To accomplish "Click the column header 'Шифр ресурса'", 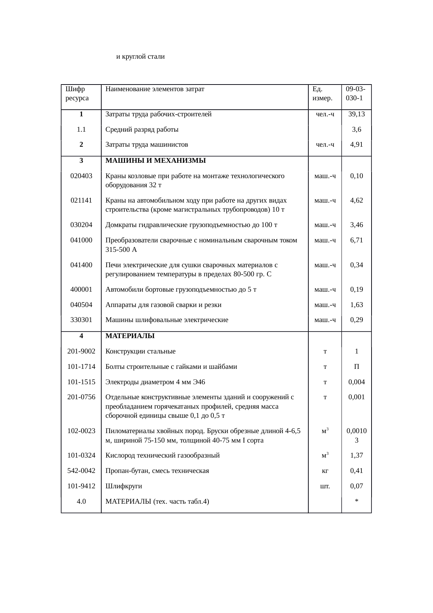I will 77,93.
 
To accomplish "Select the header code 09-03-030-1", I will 355,93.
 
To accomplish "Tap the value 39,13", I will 357,114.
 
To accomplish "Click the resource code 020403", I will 81,176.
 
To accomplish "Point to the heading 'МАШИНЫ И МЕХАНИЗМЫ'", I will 155,161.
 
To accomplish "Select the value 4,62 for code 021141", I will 357,200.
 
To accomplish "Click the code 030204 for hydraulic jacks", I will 81,225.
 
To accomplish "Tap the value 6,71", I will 357,240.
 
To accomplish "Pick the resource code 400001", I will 81,290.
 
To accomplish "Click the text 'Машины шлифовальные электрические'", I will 167,320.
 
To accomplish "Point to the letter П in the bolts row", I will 357,367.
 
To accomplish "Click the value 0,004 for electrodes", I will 357,382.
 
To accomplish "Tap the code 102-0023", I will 81,431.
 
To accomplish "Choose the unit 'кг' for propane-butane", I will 325,471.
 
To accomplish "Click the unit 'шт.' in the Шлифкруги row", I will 325,486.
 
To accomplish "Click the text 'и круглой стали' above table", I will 140,57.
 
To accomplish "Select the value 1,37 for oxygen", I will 357,455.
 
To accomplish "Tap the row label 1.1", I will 81,130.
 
